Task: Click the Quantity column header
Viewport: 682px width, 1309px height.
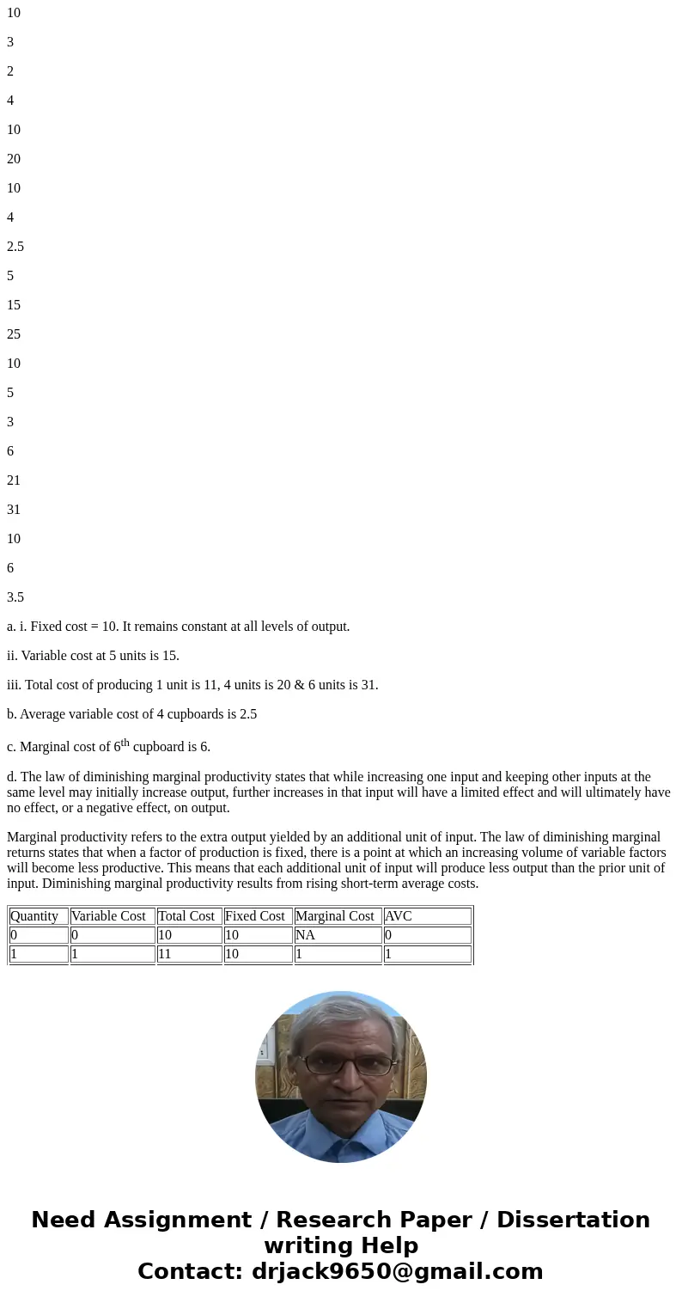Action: click(34, 916)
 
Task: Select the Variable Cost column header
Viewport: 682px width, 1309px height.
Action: click(108, 916)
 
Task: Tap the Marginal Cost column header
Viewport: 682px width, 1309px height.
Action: click(334, 916)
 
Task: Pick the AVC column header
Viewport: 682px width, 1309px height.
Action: click(399, 916)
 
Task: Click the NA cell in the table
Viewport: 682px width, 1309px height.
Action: click(305, 935)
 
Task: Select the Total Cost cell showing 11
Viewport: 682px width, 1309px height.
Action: click(165, 954)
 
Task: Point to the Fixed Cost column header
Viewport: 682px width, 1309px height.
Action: click(254, 916)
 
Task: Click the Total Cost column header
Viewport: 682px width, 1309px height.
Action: click(186, 916)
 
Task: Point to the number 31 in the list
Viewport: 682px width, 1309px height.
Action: click(14, 510)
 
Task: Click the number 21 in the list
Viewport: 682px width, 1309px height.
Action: click(14, 480)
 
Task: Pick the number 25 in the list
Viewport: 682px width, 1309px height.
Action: click(14, 334)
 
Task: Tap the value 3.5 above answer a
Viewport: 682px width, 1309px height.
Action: click(15, 597)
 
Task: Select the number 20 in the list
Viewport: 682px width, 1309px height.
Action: click(14, 159)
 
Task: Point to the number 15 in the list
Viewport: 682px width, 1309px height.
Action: click(14, 305)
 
